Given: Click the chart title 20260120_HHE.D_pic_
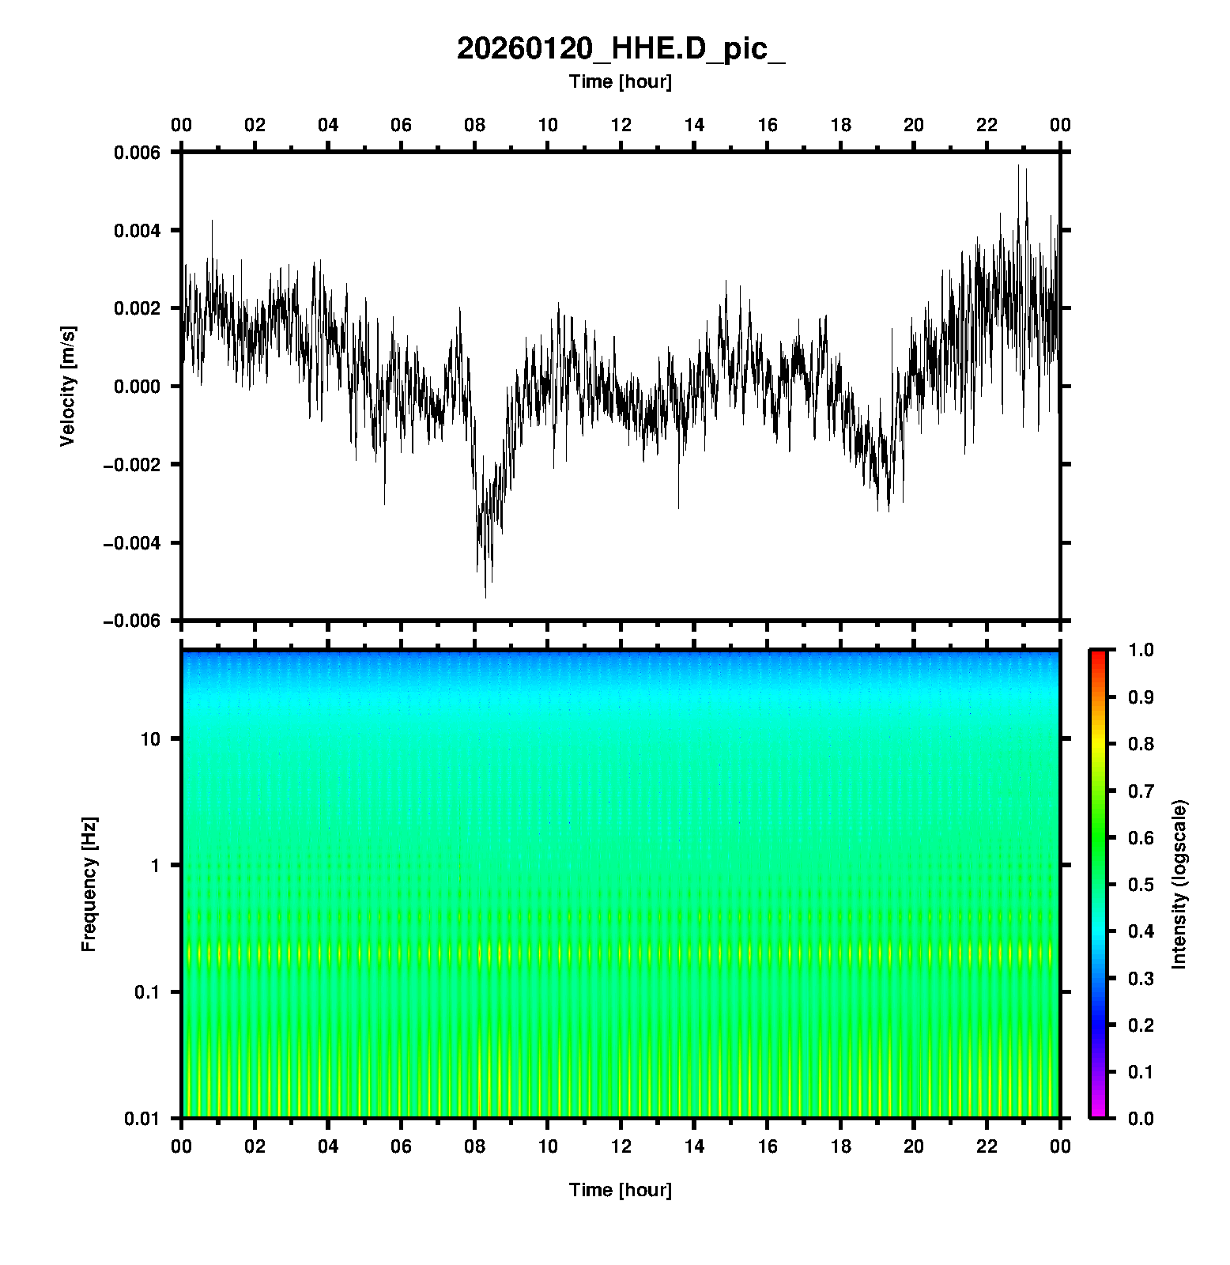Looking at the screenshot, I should pos(621,49).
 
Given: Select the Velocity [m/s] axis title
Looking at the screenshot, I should pos(68,386).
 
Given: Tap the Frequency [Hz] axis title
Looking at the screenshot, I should pos(89,884).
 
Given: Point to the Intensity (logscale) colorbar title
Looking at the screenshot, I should pos(1179,884).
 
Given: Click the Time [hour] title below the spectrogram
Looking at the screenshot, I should pos(621,1190).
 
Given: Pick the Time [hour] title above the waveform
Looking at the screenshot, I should pos(621,81).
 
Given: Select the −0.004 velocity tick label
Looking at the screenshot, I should pos(131,543).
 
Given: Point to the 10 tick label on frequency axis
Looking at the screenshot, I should pos(149,739).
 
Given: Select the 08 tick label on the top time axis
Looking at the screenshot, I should pos(474,125).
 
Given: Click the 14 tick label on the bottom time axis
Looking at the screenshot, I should pos(694,1146).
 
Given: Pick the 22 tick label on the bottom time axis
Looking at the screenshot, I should pos(987,1146).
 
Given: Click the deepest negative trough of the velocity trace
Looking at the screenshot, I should pos(485,596).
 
